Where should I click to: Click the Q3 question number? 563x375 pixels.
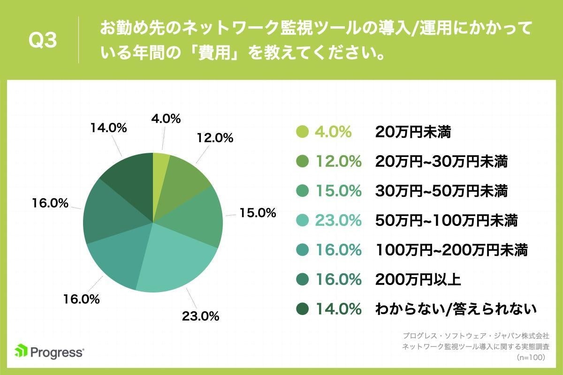pyautogui.click(x=43, y=41)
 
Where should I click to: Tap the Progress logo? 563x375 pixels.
pyautogui.click(x=49, y=352)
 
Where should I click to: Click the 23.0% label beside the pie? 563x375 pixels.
pyautogui.click(x=200, y=316)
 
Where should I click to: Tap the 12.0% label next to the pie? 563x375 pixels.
pyautogui.click(x=215, y=138)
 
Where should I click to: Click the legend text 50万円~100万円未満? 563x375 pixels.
pyautogui.click(x=446, y=220)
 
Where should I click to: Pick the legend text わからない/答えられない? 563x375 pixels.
pyautogui.click(x=456, y=309)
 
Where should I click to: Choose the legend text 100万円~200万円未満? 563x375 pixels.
pyautogui.click(x=451, y=250)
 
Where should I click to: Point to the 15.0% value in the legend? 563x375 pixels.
pyautogui.click(x=338, y=191)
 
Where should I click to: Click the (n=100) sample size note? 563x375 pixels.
pyautogui.click(x=530, y=357)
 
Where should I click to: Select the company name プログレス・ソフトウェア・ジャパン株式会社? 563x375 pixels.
pyautogui.click(x=476, y=336)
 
